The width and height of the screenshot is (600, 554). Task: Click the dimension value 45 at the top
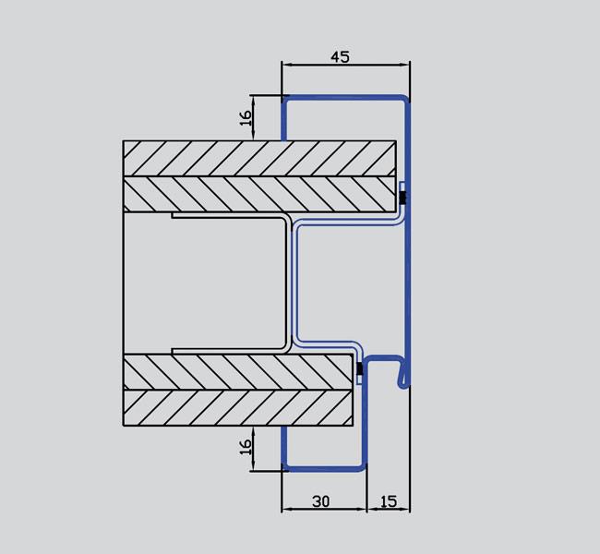click(x=340, y=56)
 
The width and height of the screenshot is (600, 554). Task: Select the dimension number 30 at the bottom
click(x=320, y=501)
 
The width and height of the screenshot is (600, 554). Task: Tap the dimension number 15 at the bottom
click(x=388, y=501)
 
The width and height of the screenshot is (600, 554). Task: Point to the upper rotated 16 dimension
click(x=246, y=117)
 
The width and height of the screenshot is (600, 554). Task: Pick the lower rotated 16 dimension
click(x=246, y=448)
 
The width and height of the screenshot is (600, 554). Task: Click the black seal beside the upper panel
click(x=402, y=197)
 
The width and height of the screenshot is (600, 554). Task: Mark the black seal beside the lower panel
click(x=358, y=371)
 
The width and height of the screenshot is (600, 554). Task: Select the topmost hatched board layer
click(x=259, y=158)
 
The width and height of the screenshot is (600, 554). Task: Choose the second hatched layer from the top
click(x=259, y=193)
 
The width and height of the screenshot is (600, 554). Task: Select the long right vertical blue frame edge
click(x=406, y=277)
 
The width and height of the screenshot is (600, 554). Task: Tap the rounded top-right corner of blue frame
click(x=404, y=100)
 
